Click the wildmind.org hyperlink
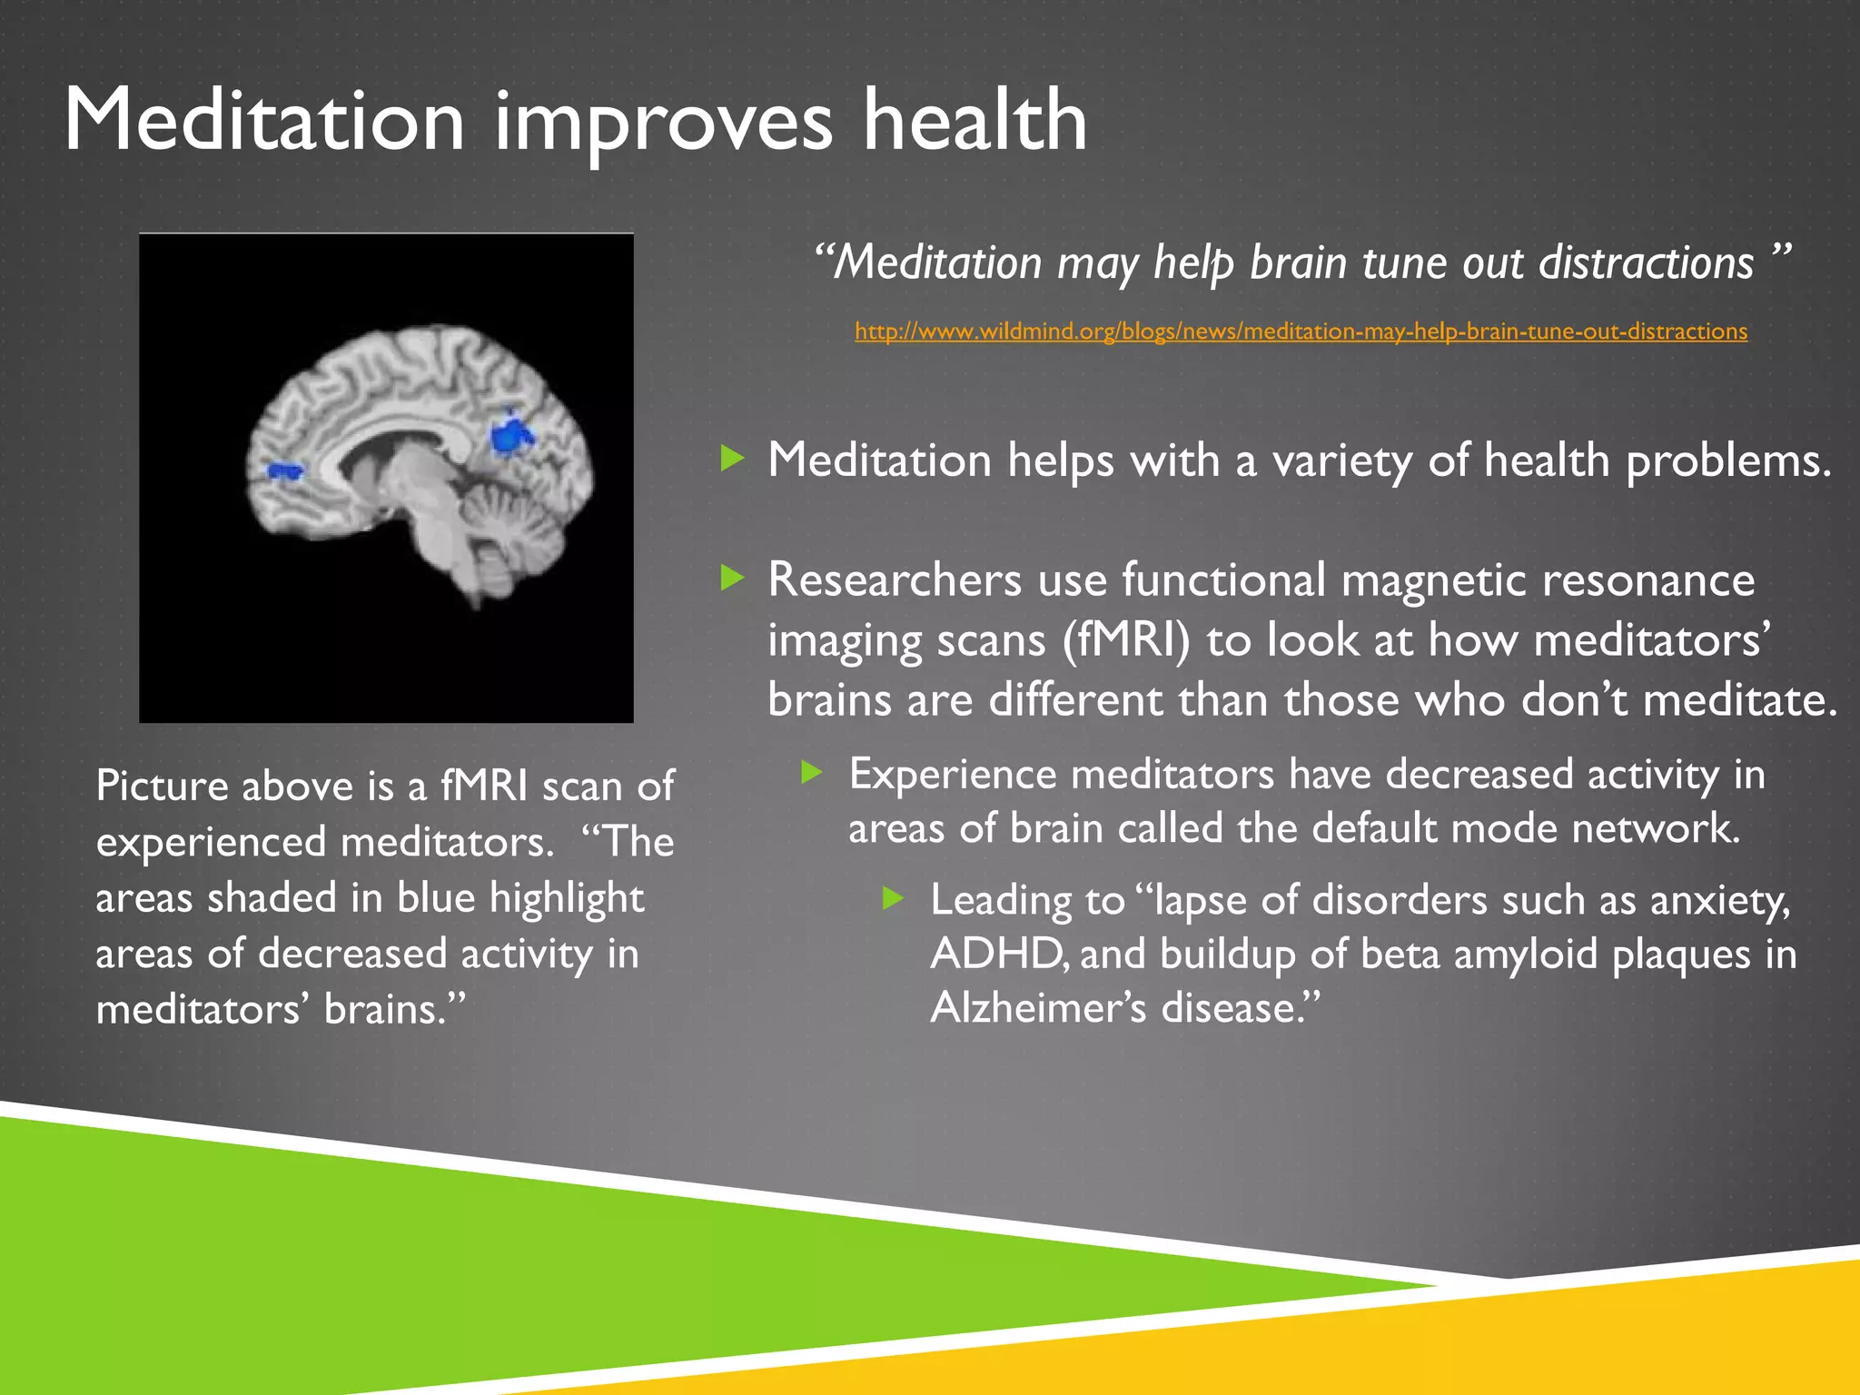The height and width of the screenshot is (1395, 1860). coord(1301,331)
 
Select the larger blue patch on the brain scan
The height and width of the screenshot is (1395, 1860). coord(511,434)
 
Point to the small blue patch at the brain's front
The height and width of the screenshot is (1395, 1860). coord(285,470)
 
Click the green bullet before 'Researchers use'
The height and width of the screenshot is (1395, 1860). coord(732,578)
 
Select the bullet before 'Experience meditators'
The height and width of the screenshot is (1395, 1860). coord(812,773)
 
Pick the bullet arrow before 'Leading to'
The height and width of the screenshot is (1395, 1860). coord(894,899)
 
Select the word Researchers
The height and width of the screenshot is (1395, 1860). coord(895,579)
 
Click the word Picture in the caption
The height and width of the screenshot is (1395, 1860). coord(161,786)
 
